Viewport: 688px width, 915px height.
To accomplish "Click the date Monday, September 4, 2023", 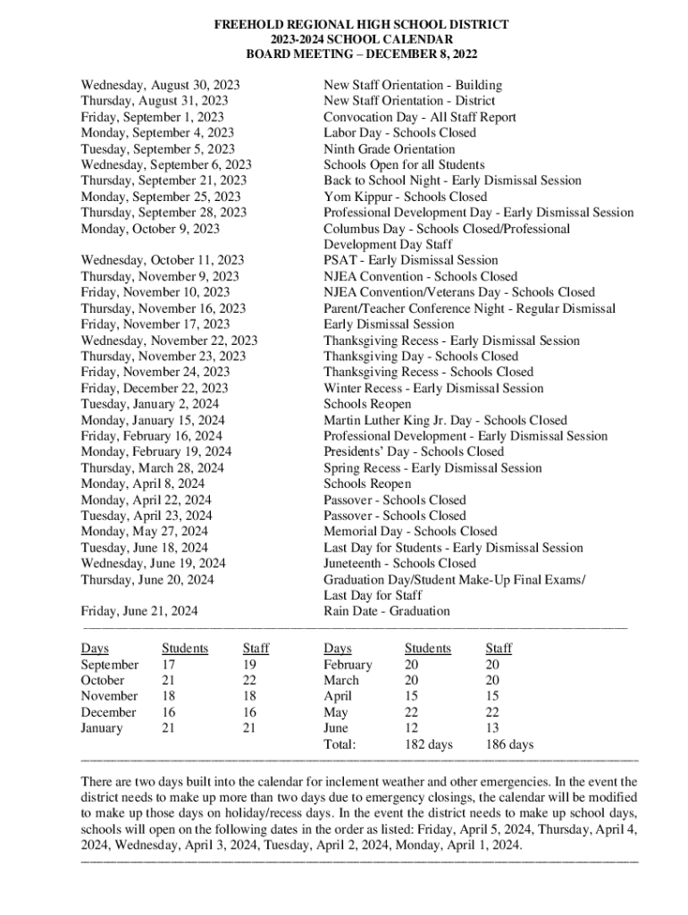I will click(x=157, y=133).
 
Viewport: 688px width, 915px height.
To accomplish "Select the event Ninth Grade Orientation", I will click(x=389, y=149).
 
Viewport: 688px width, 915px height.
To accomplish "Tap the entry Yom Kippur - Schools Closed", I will click(x=405, y=197).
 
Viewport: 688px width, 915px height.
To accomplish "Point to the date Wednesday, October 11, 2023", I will click(x=163, y=260).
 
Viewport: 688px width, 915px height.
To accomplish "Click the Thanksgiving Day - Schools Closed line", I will click(x=420, y=356).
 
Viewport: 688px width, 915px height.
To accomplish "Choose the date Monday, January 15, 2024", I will click(x=153, y=420).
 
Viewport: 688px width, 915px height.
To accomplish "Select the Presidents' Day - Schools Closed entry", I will click(x=414, y=451).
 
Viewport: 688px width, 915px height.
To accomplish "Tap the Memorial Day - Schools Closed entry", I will click(x=410, y=531).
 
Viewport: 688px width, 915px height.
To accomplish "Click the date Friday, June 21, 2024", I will click(x=139, y=612).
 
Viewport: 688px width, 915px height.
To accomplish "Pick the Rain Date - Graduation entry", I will click(x=387, y=611).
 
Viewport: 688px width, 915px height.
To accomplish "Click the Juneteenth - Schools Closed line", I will click(x=399, y=563).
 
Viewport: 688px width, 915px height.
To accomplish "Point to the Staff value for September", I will click(x=249, y=665).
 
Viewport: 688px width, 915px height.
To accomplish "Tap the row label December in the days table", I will click(x=108, y=712).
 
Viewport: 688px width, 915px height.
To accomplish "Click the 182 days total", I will click(x=429, y=744).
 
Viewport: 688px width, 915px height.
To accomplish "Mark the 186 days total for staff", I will click(x=509, y=744).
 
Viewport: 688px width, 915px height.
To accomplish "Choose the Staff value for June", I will click(x=492, y=728).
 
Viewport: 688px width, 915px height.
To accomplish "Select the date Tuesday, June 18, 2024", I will click(x=145, y=547).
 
